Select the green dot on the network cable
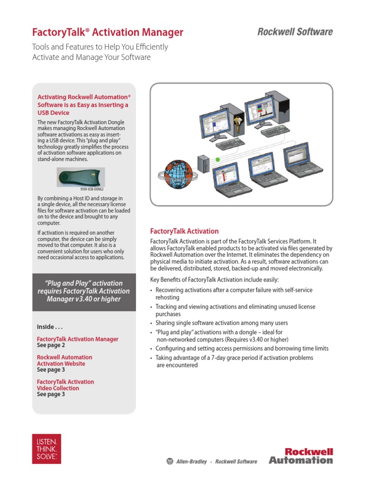pyautogui.click(x=218, y=160)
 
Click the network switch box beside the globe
pyautogui.click(x=203, y=163)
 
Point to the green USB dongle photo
pyautogui.click(x=80, y=178)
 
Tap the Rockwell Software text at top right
pyautogui.click(x=295, y=32)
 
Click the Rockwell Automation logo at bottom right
pyautogui.click(x=301, y=456)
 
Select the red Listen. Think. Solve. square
pyautogui.click(x=47, y=449)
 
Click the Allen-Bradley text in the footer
pyautogui.click(x=192, y=461)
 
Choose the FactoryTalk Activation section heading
pyautogui.click(x=184, y=231)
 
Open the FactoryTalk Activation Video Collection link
pyautogui.click(x=65, y=385)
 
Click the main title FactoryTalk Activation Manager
pyautogui.click(x=107, y=32)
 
